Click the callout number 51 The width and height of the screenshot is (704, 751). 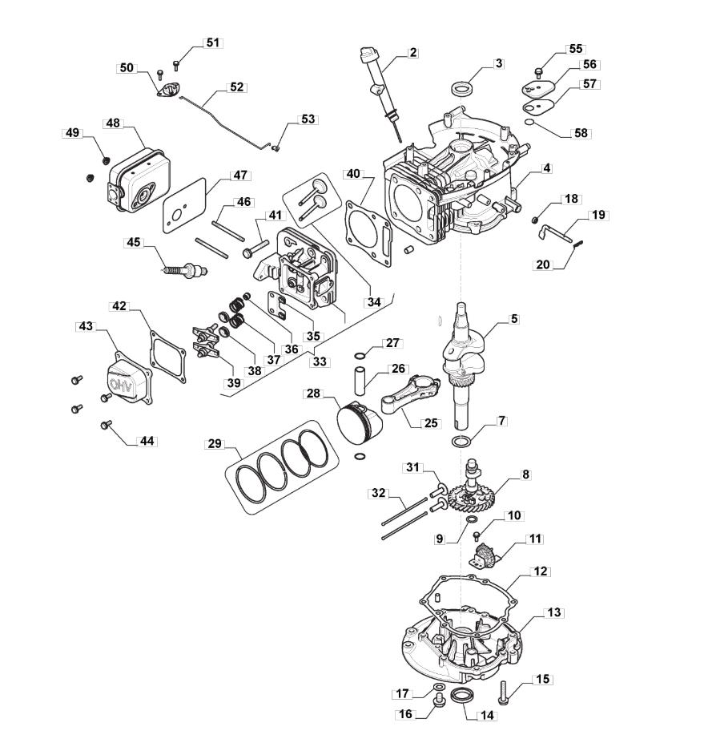click(x=212, y=42)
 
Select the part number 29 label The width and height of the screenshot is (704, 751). click(x=215, y=444)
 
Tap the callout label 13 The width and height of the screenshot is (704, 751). click(x=553, y=612)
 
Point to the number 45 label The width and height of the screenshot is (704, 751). click(x=133, y=242)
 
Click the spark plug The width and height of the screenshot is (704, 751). click(x=184, y=271)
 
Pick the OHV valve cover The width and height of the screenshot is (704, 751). click(x=129, y=379)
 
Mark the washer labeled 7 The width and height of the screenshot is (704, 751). click(x=461, y=442)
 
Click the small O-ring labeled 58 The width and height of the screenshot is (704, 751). click(x=529, y=122)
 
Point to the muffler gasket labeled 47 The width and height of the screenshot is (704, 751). click(x=184, y=206)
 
